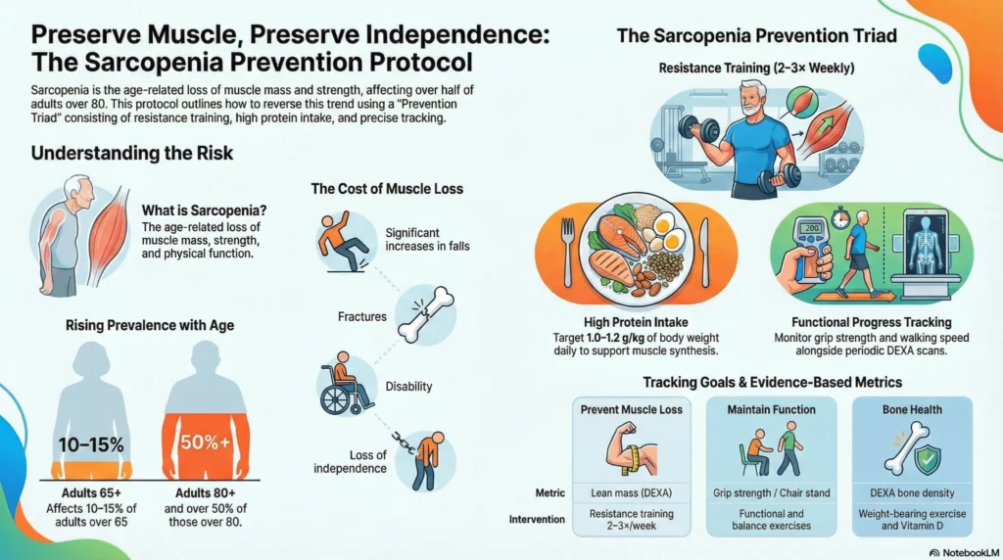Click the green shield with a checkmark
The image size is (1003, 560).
pyautogui.click(x=926, y=458)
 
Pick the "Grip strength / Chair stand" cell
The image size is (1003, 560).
pyautogui.click(x=772, y=493)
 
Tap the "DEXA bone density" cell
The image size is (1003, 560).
pyautogui.click(x=913, y=493)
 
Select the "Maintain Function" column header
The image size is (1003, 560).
pyautogui.click(x=772, y=409)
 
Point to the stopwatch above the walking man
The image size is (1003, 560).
pyautogui.click(x=838, y=213)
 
